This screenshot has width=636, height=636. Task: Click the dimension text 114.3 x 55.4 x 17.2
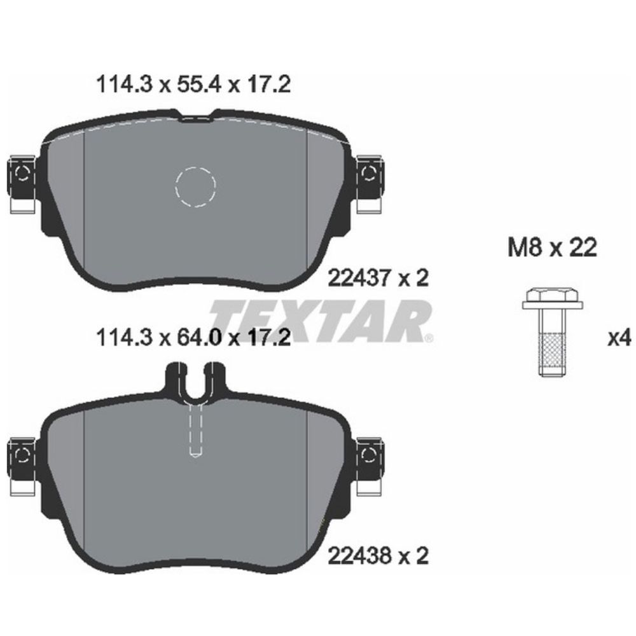pos(192,85)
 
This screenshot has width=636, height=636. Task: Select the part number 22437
pos(358,277)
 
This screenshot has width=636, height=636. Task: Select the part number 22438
pos(358,557)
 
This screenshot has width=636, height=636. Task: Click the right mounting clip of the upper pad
pos(369,184)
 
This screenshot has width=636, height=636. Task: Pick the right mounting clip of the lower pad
pos(369,466)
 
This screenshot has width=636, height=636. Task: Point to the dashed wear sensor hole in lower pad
pos(197,432)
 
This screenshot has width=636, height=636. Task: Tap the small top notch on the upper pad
pos(197,116)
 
